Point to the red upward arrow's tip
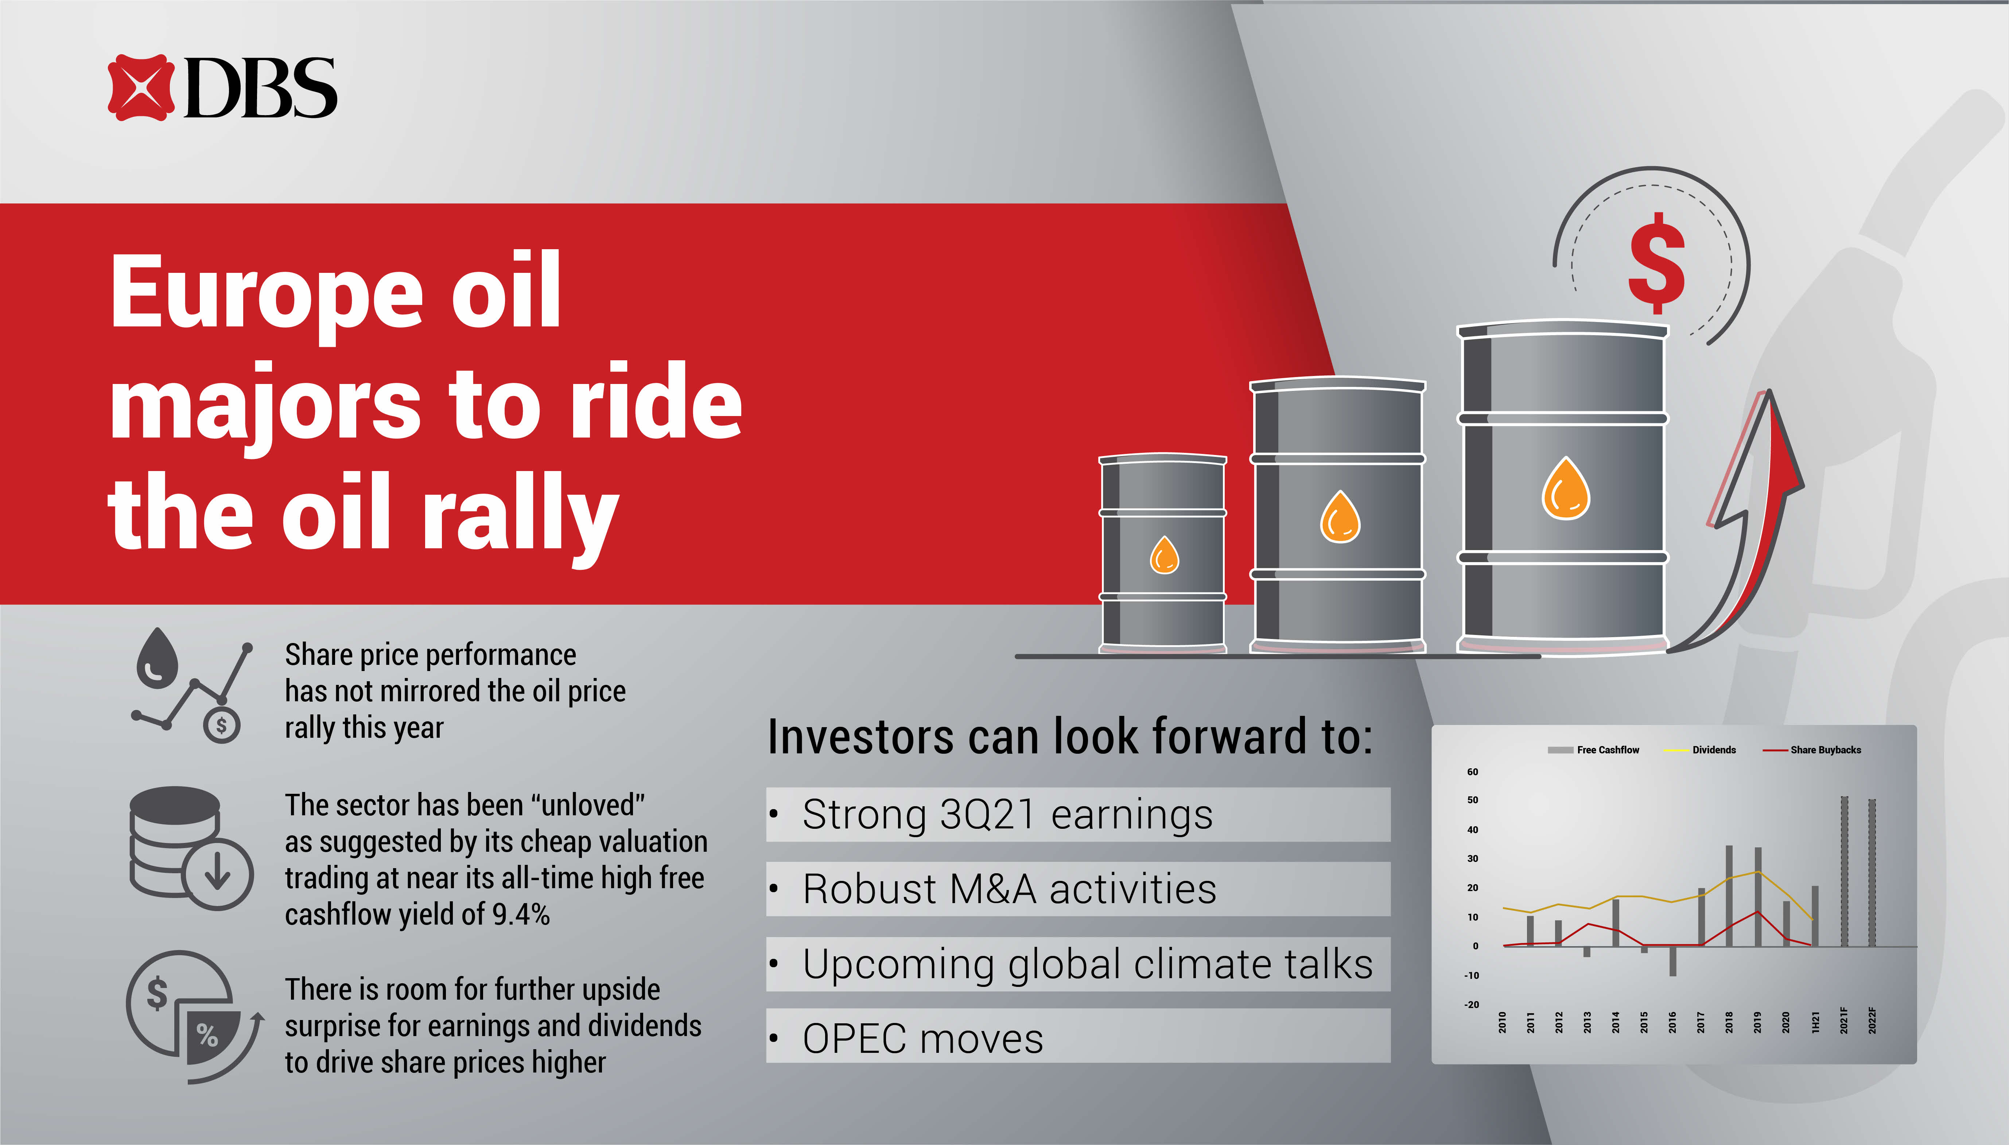[x=1770, y=391]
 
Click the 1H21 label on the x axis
[x=1815, y=1022]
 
